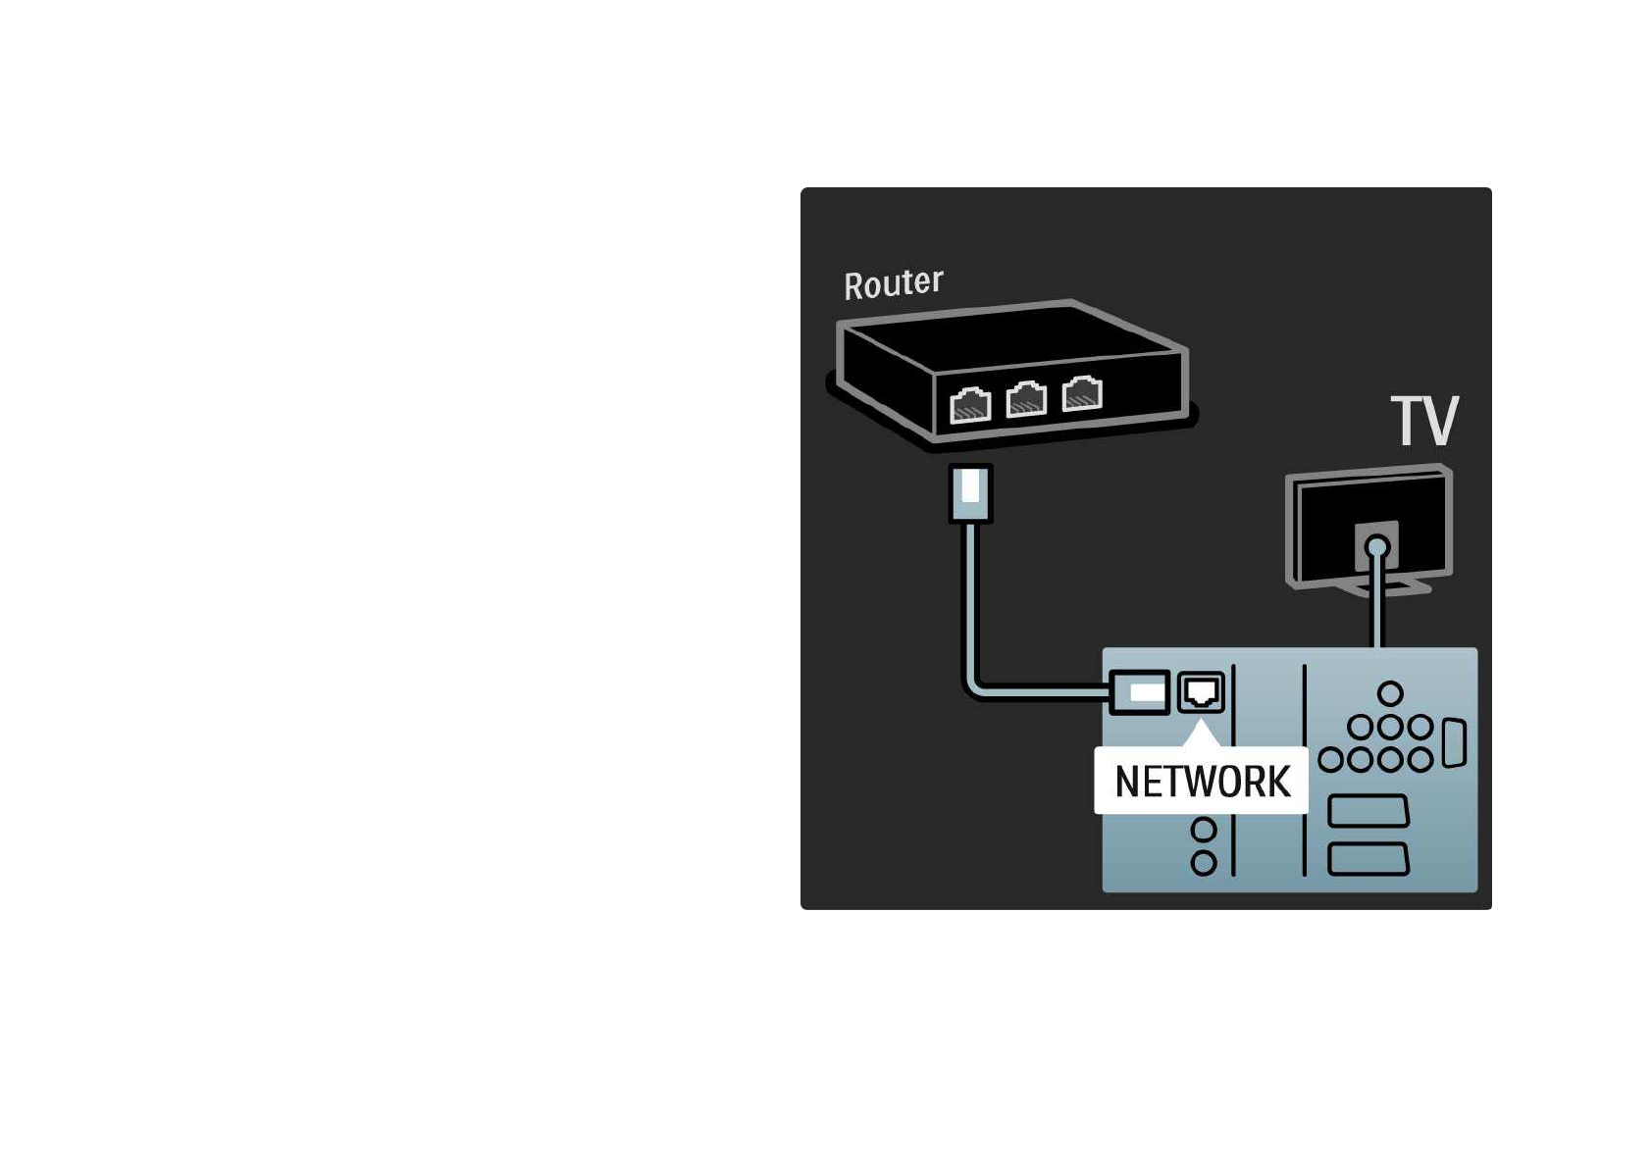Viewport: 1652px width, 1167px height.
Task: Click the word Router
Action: click(x=893, y=283)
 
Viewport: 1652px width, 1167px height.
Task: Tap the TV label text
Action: click(x=1424, y=421)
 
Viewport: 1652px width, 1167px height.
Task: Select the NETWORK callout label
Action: click(x=1202, y=782)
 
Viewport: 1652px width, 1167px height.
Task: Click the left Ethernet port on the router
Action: click(x=970, y=404)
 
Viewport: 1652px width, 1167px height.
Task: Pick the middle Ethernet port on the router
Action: click(x=1026, y=399)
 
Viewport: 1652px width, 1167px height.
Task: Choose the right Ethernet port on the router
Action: click(x=1082, y=393)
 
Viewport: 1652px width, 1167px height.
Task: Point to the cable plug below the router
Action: click(x=970, y=492)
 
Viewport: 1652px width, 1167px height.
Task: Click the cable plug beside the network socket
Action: click(x=1141, y=692)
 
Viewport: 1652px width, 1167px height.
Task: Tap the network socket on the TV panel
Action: click(x=1201, y=692)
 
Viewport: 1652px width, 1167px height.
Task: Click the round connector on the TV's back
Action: click(x=1377, y=547)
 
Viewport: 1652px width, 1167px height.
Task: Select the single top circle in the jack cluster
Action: click(x=1390, y=694)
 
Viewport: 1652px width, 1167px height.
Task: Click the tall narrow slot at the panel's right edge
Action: click(x=1454, y=742)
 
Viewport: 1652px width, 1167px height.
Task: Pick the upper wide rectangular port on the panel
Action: click(x=1368, y=812)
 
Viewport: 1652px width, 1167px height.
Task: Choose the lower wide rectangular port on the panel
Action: click(x=1368, y=859)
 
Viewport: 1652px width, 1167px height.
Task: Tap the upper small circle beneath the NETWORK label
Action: click(x=1204, y=831)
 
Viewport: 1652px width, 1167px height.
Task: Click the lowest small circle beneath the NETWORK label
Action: click(x=1204, y=863)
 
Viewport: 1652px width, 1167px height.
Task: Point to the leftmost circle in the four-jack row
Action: click(x=1330, y=760)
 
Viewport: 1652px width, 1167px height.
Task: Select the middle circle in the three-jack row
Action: click(x=1390, y=728)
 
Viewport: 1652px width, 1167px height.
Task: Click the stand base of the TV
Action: click(x=1393, y=588)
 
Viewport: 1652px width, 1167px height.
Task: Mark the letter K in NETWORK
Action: click(x=1277, y=782)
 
